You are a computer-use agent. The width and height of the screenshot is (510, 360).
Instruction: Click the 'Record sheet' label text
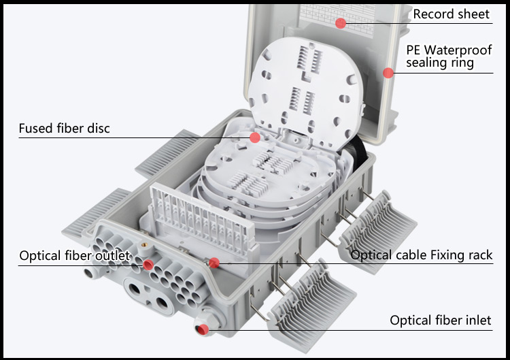[451, 14]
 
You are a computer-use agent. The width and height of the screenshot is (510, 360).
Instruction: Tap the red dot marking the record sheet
[341, 23]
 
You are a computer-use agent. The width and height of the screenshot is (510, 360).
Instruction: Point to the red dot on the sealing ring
[388, 73]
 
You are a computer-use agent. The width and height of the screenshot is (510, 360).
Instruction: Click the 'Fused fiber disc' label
[64, 129]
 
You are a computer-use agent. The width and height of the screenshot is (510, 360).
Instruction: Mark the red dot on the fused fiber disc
[255, 138]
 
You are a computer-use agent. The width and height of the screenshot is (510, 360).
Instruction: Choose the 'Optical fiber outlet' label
[74, 256]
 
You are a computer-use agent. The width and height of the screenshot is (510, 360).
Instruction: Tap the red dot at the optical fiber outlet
[148, 264]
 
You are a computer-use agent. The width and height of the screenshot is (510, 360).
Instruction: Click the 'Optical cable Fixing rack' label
[422, 255]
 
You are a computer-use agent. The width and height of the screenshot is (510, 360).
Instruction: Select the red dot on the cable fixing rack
[214, 263]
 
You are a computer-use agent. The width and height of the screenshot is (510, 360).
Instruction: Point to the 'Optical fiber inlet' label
[440, 320]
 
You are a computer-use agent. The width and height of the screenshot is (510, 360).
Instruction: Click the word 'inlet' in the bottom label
[476, 320]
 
